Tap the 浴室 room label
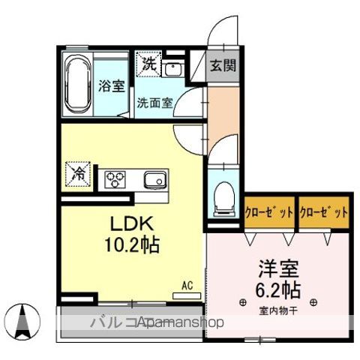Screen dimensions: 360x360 pyautogui.click(x=112, y=85)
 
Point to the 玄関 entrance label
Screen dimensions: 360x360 pyautogui.click(x=222, y=65)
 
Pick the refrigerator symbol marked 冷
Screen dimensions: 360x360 pyautogui.click(x=78, y=173)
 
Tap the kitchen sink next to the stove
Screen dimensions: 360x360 pyautogui.click(x=155, y=179)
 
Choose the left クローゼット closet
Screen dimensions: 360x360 pyautogui.click(x=269, y=212)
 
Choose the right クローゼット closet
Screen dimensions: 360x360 pyautogui.click(x=324, y=212)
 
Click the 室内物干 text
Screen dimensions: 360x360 pyautogui.click(x=278, y=310)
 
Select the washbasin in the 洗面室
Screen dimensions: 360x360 pyautogui.click(x=172, y=69)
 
